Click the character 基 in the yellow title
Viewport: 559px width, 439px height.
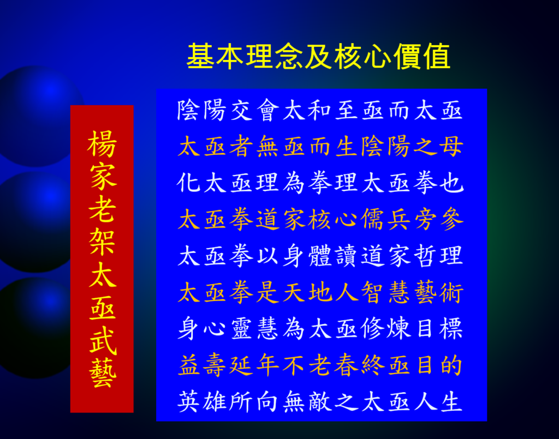pos(201,56)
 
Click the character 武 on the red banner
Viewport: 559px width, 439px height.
pos(102,340)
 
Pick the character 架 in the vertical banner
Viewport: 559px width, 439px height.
pos(102,242)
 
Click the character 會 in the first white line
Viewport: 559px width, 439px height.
pos(267,110)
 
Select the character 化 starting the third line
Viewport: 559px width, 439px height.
pos(188,183)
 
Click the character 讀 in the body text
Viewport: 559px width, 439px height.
pos(346,255)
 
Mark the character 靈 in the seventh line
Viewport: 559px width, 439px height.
pos(241,328)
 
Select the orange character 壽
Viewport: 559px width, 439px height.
pos(215,365)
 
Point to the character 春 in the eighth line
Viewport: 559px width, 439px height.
pos(346,365)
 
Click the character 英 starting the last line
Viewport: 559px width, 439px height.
pos(188,401)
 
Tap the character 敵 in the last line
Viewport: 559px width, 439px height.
pos(320,401)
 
